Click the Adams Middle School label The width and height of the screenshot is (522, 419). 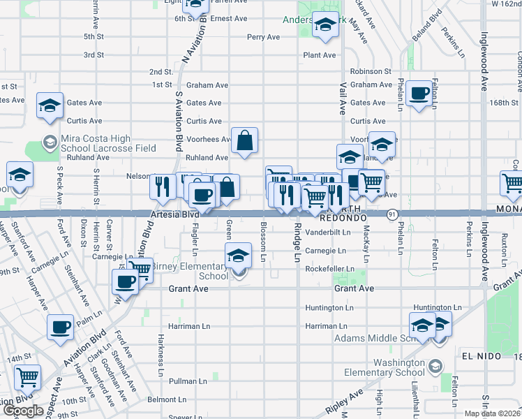[370, 338]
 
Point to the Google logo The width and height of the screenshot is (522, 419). [23, 411]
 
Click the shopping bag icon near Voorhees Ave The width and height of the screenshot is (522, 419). [245, 142]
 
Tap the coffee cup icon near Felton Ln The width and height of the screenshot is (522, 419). [419, 94]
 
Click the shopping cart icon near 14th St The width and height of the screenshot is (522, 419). [28, 377]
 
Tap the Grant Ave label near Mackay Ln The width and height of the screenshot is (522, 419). [354, 288]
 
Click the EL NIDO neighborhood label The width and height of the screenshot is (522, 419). [482, 356]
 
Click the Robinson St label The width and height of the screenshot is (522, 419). [371, 71]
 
